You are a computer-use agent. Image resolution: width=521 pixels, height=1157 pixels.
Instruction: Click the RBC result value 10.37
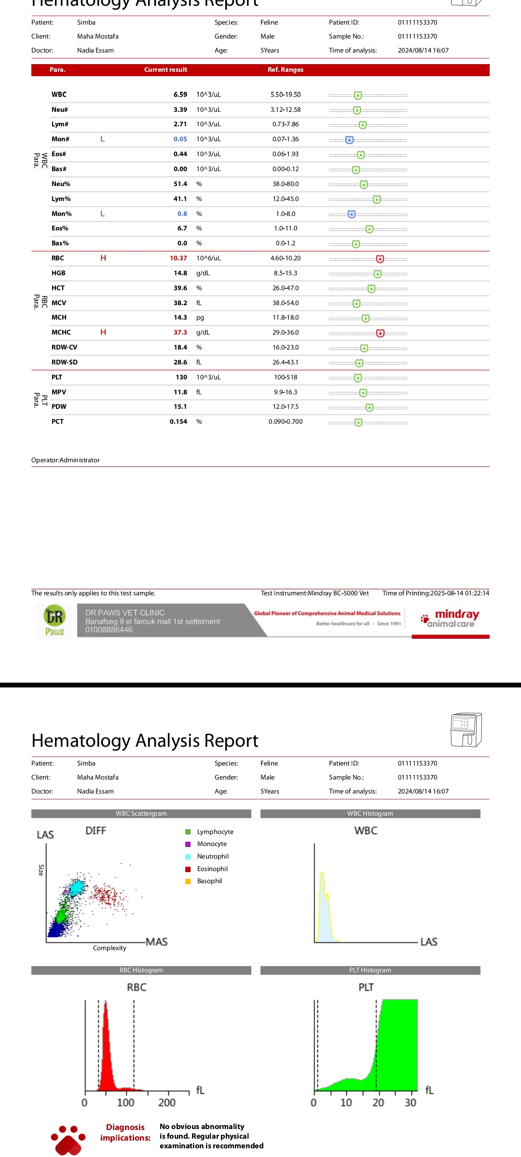[x=178, y=258]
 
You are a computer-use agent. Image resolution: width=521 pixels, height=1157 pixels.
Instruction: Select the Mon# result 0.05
[x=180, y=139]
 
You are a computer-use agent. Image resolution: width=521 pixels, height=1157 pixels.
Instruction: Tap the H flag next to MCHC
[x=103, y=333]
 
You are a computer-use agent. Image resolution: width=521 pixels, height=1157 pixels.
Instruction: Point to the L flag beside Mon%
[x=102, y=214]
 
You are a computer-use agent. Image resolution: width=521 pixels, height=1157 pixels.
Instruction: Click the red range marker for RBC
[x=380, y=259]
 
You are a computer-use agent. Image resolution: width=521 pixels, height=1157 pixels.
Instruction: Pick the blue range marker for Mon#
[x=349, y=140]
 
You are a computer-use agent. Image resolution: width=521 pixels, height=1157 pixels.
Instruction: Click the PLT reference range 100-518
[x=286, y=377]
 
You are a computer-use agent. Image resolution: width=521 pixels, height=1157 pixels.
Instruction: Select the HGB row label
[x=58, y=273]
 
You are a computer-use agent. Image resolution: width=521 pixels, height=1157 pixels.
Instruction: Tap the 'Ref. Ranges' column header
[x=286, y=70]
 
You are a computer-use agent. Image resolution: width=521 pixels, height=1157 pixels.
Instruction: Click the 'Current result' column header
[x=165, y=70]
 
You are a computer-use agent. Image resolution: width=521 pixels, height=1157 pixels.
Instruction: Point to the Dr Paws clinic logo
[x=55, y=621]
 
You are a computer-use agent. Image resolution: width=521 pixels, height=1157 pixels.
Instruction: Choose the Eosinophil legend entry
[x=212, y=869]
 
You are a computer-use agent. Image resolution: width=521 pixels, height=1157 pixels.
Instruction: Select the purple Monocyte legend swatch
[x=188, y=844]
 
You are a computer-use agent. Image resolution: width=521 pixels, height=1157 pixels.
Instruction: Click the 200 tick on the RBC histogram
[x=167, y=1103]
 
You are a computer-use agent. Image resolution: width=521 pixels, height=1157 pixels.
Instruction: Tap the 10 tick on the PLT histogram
[x=346, y=1103]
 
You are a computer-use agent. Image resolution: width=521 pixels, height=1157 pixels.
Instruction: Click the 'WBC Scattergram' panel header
[x=141, y=814]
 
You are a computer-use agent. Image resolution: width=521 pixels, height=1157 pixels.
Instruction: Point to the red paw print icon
[x=68, y=1140]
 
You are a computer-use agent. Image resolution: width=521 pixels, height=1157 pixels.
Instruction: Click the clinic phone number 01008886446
[x=109, y=630]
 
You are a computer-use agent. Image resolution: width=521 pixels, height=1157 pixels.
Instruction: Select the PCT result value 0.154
[x=178, y=422]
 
